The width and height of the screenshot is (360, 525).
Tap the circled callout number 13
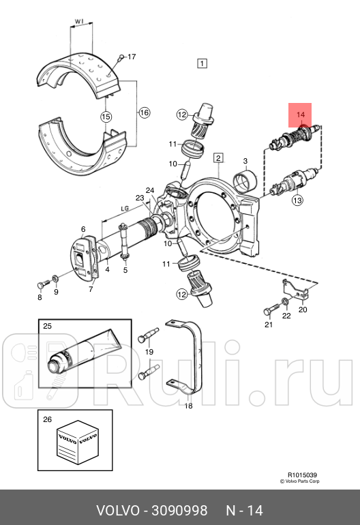(297, 200)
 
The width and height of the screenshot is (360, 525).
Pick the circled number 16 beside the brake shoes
(144, 112)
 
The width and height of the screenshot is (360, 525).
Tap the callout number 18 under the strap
(189, 406)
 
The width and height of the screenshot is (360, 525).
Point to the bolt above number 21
(269, 312)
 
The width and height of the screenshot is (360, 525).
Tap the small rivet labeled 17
(120, 59)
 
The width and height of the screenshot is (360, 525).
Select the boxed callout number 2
(218, 158)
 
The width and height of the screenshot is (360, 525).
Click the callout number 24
(150, 190)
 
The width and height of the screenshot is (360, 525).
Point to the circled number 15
(106, 117)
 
